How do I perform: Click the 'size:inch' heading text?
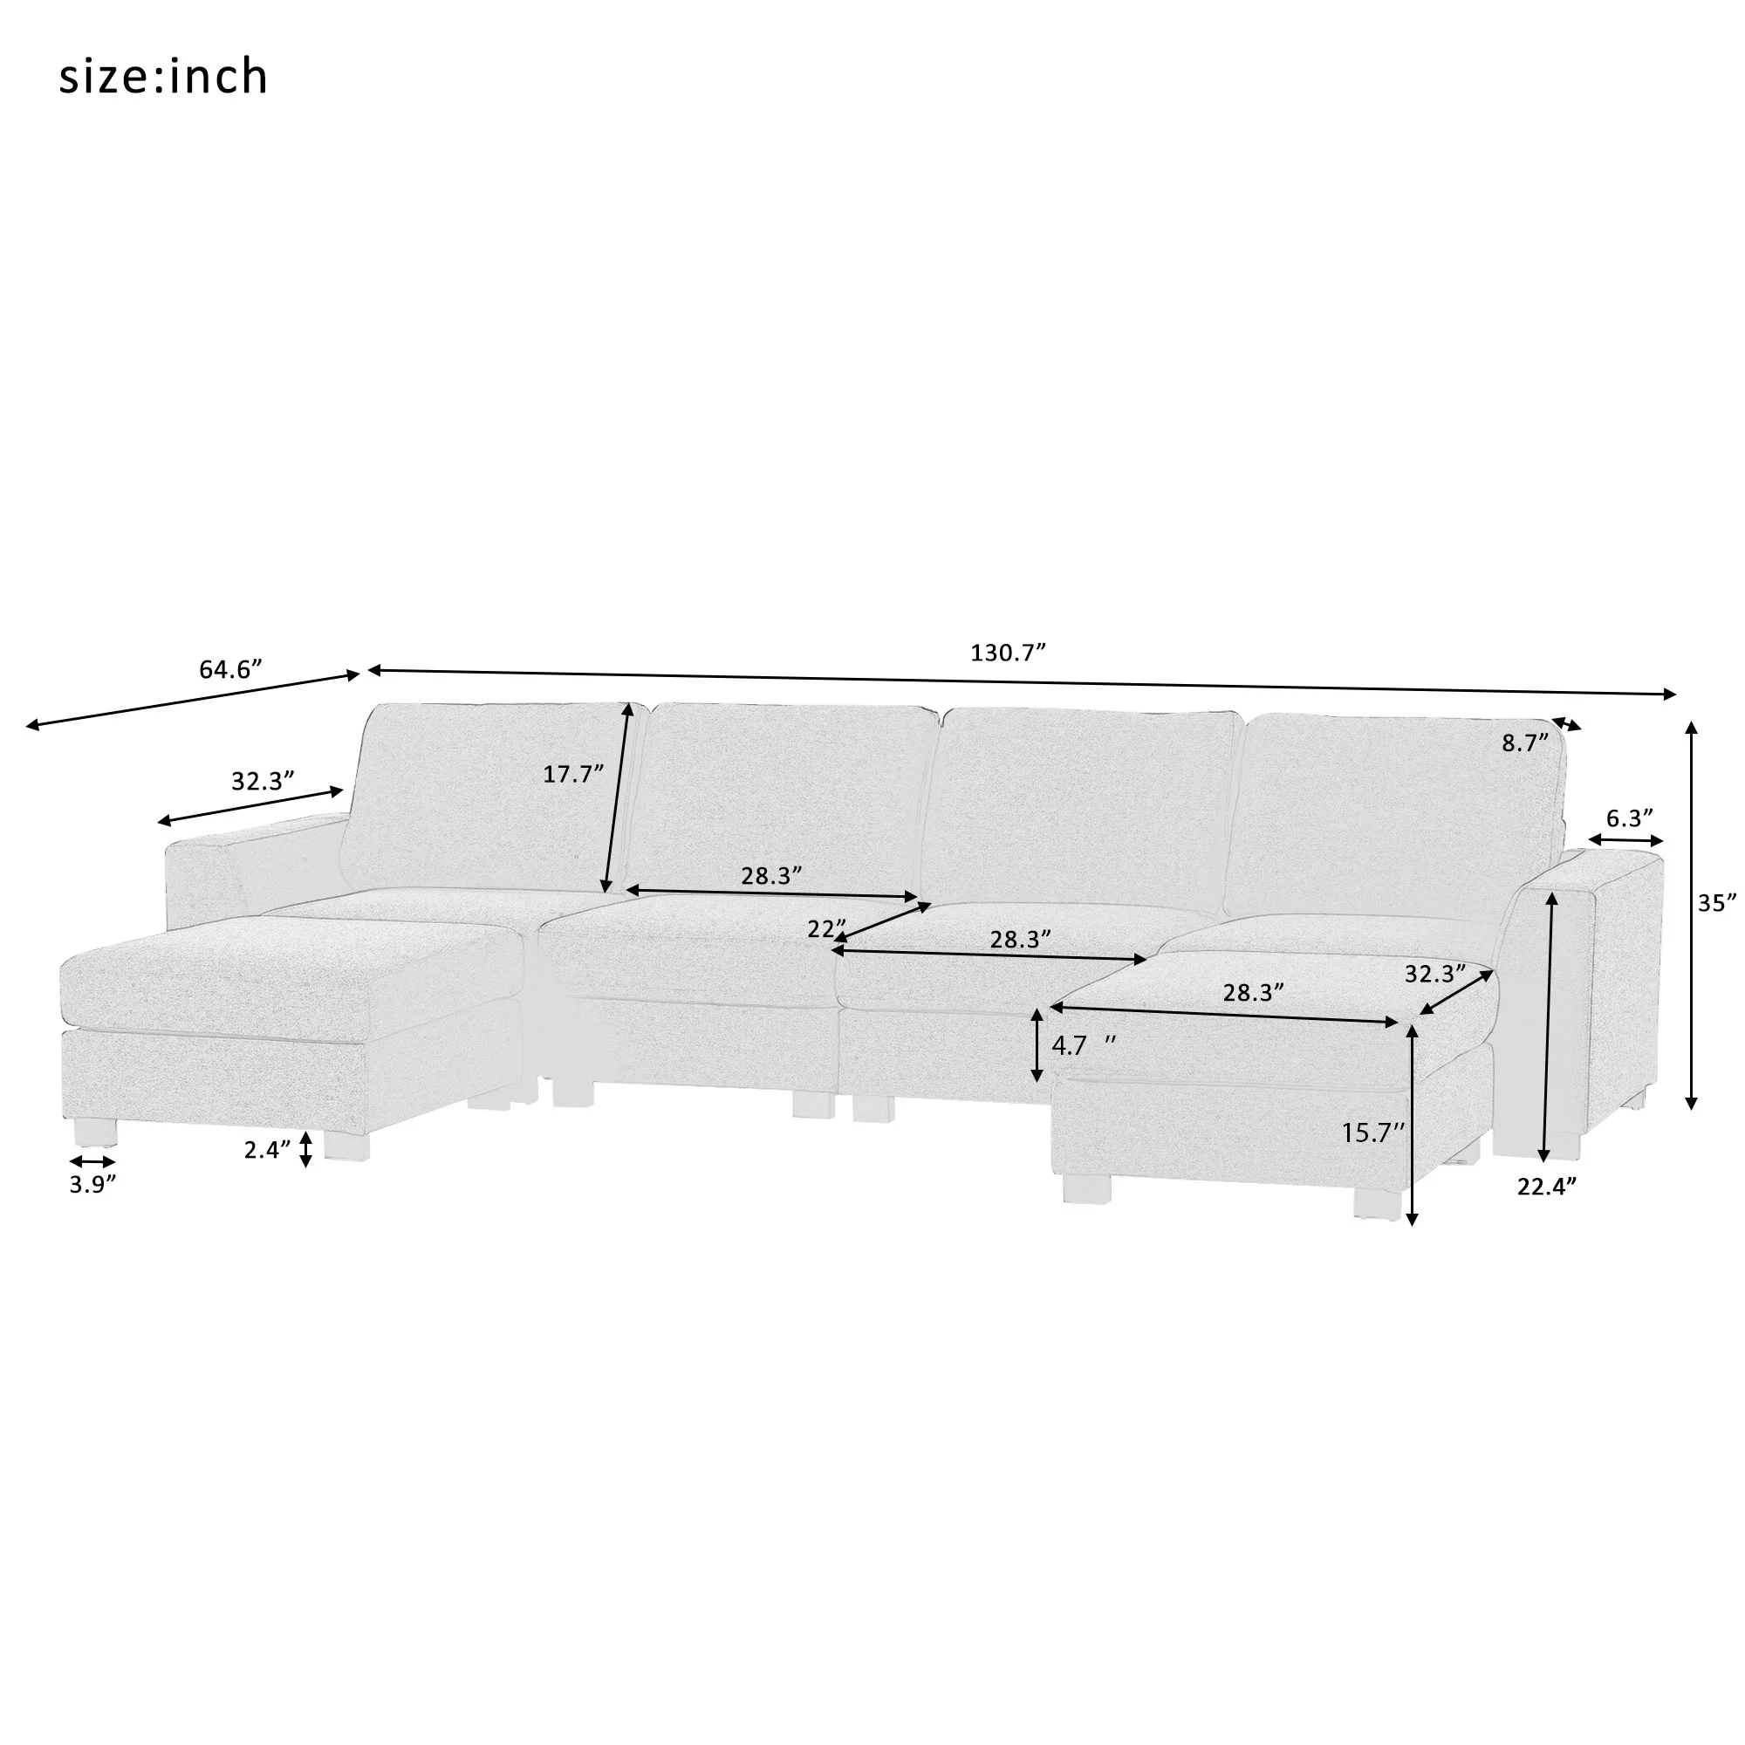pyautogui.click(x=163, y=78)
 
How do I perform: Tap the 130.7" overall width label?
pyautogui.click(x=1008, y=652)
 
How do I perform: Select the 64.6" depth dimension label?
pyautogui.click(x=230, y=669)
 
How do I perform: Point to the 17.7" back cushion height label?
pyautogui.click(x=572, y=773)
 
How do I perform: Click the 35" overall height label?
pyautogui.click(x=1717, y=902)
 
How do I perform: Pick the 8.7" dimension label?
pyautogui.click(x=1525, y=742)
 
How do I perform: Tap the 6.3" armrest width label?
pyautogui.click(x=1629, y=818)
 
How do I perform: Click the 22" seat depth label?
pyautogui.click(x=826, y=928)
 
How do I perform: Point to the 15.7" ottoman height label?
pyautogui.click(x=1372, y=1133)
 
